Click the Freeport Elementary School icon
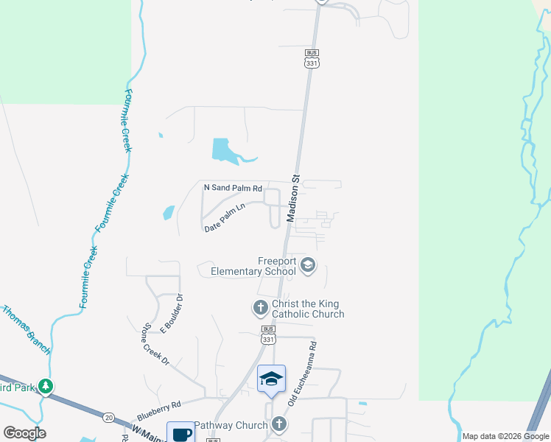308,265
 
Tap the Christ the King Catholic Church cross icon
260,307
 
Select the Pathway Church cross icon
278,424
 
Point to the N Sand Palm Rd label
233,189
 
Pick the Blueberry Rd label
158,406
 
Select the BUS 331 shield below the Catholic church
268,334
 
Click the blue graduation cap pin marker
271,379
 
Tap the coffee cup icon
180,433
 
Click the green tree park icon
46,386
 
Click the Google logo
24,433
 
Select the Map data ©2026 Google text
505,436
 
